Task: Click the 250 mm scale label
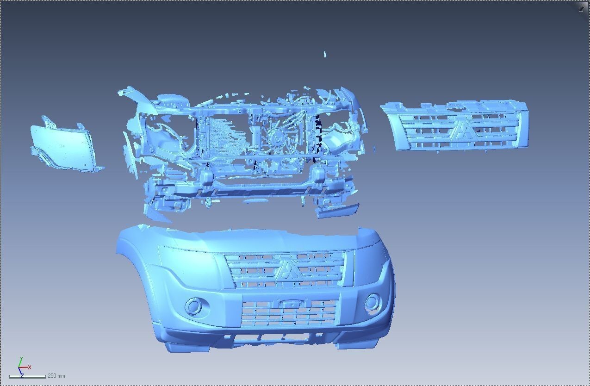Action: point(56,376)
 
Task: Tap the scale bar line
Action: point(27,377)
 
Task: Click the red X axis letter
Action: point(30,367)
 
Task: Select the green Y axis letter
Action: point(21,359)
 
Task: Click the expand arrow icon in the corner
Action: point(581,9)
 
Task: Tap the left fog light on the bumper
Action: point(194,306)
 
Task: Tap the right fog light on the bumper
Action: point(372,303)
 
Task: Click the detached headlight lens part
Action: point(64,146)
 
